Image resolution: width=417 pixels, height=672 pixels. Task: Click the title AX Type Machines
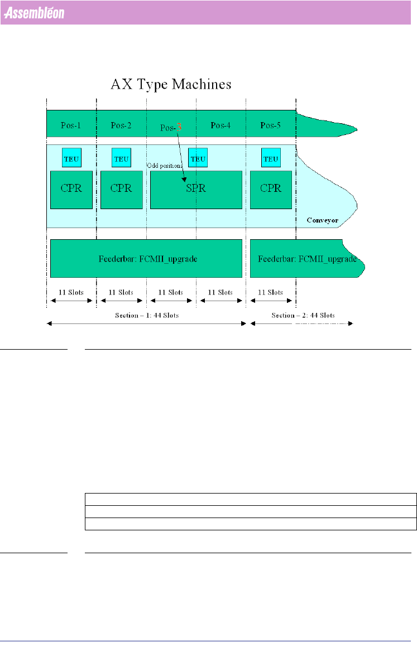click(171, 85)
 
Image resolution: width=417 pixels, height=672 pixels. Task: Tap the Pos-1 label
click(71, 125)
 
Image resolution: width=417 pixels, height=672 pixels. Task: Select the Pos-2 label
click(121, 125)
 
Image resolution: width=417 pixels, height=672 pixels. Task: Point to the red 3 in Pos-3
click(179, 127)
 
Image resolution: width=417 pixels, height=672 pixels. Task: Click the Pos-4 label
click(221, 125)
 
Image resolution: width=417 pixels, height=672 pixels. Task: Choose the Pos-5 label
click(271, 125)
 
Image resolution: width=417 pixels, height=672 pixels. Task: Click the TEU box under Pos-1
click(71, 158)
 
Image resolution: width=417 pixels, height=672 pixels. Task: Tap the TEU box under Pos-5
click(271, 158)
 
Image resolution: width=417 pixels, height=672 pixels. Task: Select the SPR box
click(196, 189)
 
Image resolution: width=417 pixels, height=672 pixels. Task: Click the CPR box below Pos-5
click(271, 189)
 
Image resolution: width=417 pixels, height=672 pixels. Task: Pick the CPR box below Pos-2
click(121, 189)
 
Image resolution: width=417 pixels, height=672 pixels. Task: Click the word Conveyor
click(323, 220)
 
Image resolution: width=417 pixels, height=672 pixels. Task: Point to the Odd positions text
click(166, 166)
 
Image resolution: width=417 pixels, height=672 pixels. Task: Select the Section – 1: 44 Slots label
click(146, 315)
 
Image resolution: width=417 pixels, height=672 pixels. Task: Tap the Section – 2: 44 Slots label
click(303, 315)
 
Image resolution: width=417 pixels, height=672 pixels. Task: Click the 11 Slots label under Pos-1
click(71, 292)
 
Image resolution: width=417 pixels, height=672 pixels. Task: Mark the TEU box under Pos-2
click(121, 158)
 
